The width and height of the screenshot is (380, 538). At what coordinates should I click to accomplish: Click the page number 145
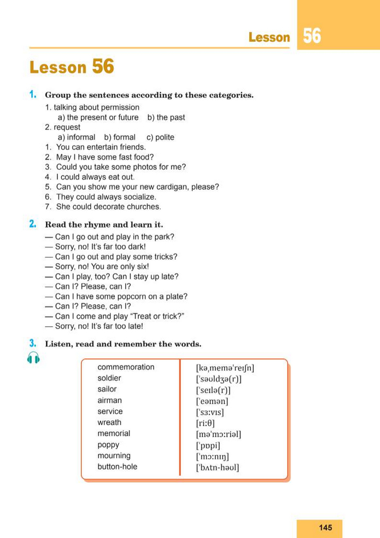(x=325, y=528)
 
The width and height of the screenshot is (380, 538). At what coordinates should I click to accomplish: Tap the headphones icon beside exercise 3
(x=33, y=358)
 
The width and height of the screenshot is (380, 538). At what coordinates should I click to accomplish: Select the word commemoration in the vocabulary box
(x=126, y=367)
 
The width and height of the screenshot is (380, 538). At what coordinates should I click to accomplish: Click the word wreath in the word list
(x=109, y=423)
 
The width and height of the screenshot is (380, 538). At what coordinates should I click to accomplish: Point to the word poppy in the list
(x=108, y=445)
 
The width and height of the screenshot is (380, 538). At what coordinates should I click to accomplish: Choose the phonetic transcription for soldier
(x=219, y=379)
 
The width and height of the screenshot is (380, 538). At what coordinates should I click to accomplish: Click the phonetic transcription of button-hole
(x=218, y=467)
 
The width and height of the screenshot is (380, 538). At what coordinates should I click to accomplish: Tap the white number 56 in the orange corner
(x=312, y=36)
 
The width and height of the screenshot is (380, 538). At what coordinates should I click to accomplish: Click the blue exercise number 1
(x=33, y=95)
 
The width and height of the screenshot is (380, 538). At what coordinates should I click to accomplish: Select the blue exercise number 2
(x=33, y=224)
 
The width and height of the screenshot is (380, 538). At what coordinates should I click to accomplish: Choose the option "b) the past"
(x=166, y=117)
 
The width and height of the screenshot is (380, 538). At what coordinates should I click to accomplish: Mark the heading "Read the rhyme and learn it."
(x=104, y=224)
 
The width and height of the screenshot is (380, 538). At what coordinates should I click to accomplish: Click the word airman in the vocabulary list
(x=110, y=401)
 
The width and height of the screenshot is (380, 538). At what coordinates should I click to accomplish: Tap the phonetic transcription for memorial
(x=218, y=435)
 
